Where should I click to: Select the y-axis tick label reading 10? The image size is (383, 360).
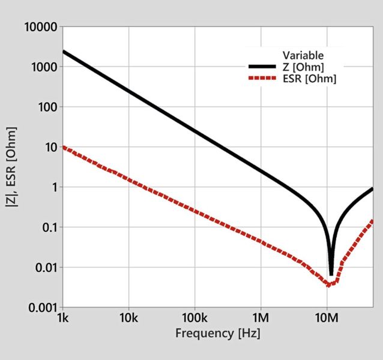[x=49, y=147]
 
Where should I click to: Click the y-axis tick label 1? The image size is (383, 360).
[x=53, y=187]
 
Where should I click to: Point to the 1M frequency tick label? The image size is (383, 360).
[x=261, y=317]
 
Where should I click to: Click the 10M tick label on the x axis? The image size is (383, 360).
[x=327, y=317]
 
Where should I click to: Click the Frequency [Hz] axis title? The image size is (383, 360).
[x=218, y=332]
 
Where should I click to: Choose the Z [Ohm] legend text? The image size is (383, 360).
[x=304, y=67]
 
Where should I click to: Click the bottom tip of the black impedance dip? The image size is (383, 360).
[x=331, y=274]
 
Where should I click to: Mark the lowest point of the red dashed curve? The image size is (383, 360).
[x=329, y=284]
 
